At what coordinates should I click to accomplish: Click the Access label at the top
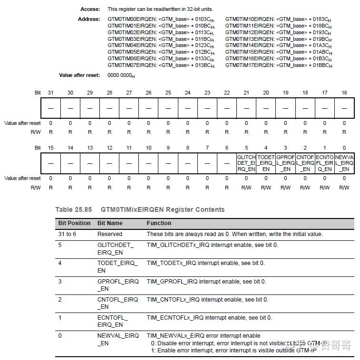coord(90,9)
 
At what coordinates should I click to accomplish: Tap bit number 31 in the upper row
coord(51,93)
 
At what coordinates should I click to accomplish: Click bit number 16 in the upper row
coord(344,93)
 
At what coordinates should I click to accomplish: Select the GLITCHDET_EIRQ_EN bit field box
coord(246,162)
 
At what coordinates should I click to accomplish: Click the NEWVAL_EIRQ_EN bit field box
coord(344,162)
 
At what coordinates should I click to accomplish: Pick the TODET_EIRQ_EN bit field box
coord(266,162)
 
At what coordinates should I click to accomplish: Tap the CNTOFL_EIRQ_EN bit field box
coord(305,162)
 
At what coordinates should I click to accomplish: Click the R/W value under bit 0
coord(344,188)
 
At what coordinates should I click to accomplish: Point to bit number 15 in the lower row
coord(51,148)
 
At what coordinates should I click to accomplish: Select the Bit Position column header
coord(74,223)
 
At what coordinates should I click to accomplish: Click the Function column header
coord(159,223)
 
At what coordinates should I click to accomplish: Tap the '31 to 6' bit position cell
coord(67,234)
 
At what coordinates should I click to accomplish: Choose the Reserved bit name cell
coord(110,234)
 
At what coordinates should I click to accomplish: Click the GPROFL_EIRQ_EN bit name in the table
coord(118,285)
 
